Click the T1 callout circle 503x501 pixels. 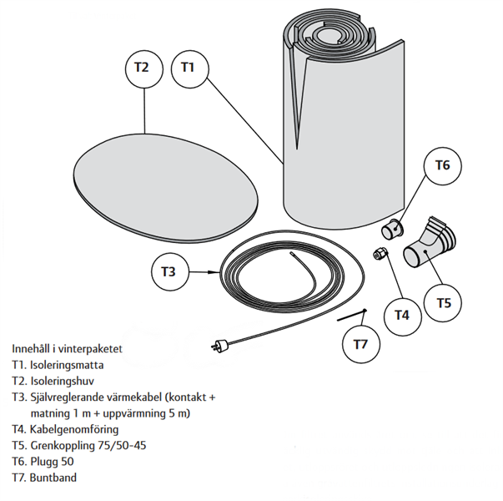(x=189, y=68)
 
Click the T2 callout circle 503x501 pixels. (x=143, y=68)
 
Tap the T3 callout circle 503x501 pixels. (x=169, y=271)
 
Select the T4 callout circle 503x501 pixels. (x=402, y=315)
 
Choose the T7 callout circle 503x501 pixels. (x=360, y=343)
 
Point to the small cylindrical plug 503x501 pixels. (x=392, y=227)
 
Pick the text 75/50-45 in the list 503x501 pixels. (x=121, y=446)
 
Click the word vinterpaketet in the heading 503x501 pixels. (x=97, y=348)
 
